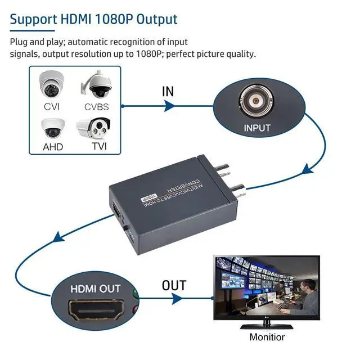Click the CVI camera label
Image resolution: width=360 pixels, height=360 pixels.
[x=52, y=106]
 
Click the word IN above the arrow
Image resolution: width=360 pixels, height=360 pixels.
[x=168, y=92]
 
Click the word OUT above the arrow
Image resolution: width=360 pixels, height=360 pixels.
[x=174, y=285]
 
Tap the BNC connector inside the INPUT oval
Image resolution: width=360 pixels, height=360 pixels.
[x=256, y=100]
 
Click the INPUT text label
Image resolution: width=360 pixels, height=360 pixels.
[x=256, y=128]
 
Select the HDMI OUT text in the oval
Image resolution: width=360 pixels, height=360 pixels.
[x=96, y=289]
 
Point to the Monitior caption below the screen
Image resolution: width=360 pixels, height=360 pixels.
[x=267, y=337]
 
